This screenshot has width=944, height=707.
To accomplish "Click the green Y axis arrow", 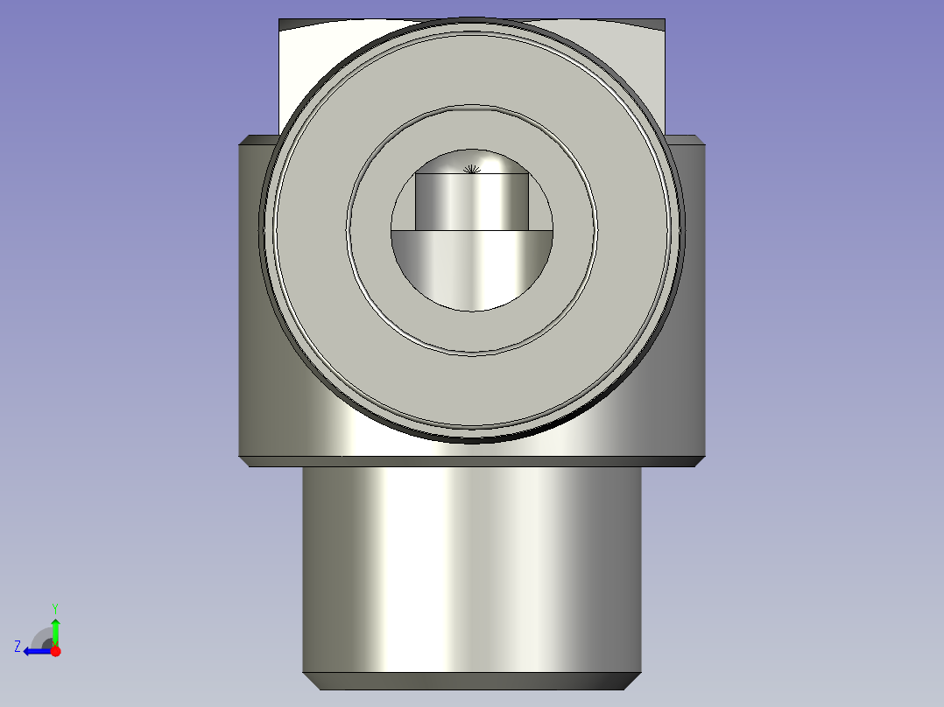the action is click(55, 632).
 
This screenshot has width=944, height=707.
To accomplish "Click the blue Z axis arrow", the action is click(38, 651).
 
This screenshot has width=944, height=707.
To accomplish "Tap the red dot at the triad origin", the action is click(55, 651).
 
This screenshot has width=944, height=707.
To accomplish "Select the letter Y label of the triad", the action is click(55, 608).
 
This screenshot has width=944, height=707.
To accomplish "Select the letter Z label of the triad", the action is click(18, 647).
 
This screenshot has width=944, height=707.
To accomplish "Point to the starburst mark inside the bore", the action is click(472, 169).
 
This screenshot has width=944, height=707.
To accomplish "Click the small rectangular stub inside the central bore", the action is click(472, 201).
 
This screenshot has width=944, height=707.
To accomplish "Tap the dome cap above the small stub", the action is click(472, 160).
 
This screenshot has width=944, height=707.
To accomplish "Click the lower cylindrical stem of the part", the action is click(472, 570).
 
